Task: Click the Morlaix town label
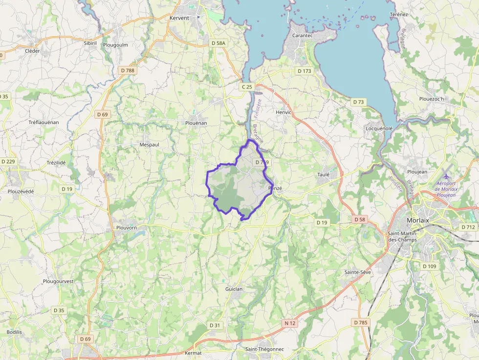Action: point(417,220)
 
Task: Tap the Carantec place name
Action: point(302,36)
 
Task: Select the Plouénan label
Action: point(196,123)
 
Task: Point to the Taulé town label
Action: point(323,174)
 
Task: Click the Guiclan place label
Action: point(234,289)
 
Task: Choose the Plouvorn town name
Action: point(127,228)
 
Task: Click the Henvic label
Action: point(283,112)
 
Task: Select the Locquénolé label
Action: point(379,128)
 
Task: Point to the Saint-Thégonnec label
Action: point(264,349)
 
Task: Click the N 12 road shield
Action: point(290,323)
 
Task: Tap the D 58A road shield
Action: point(218,43)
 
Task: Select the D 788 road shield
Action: point(128,70)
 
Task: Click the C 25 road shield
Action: point(247,87)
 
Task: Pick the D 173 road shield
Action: point(304,71)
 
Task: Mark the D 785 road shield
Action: point(361,322)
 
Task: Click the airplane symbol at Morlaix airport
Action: point(446,176)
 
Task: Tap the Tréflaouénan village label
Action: point(44,122)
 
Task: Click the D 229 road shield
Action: point(8,162)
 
